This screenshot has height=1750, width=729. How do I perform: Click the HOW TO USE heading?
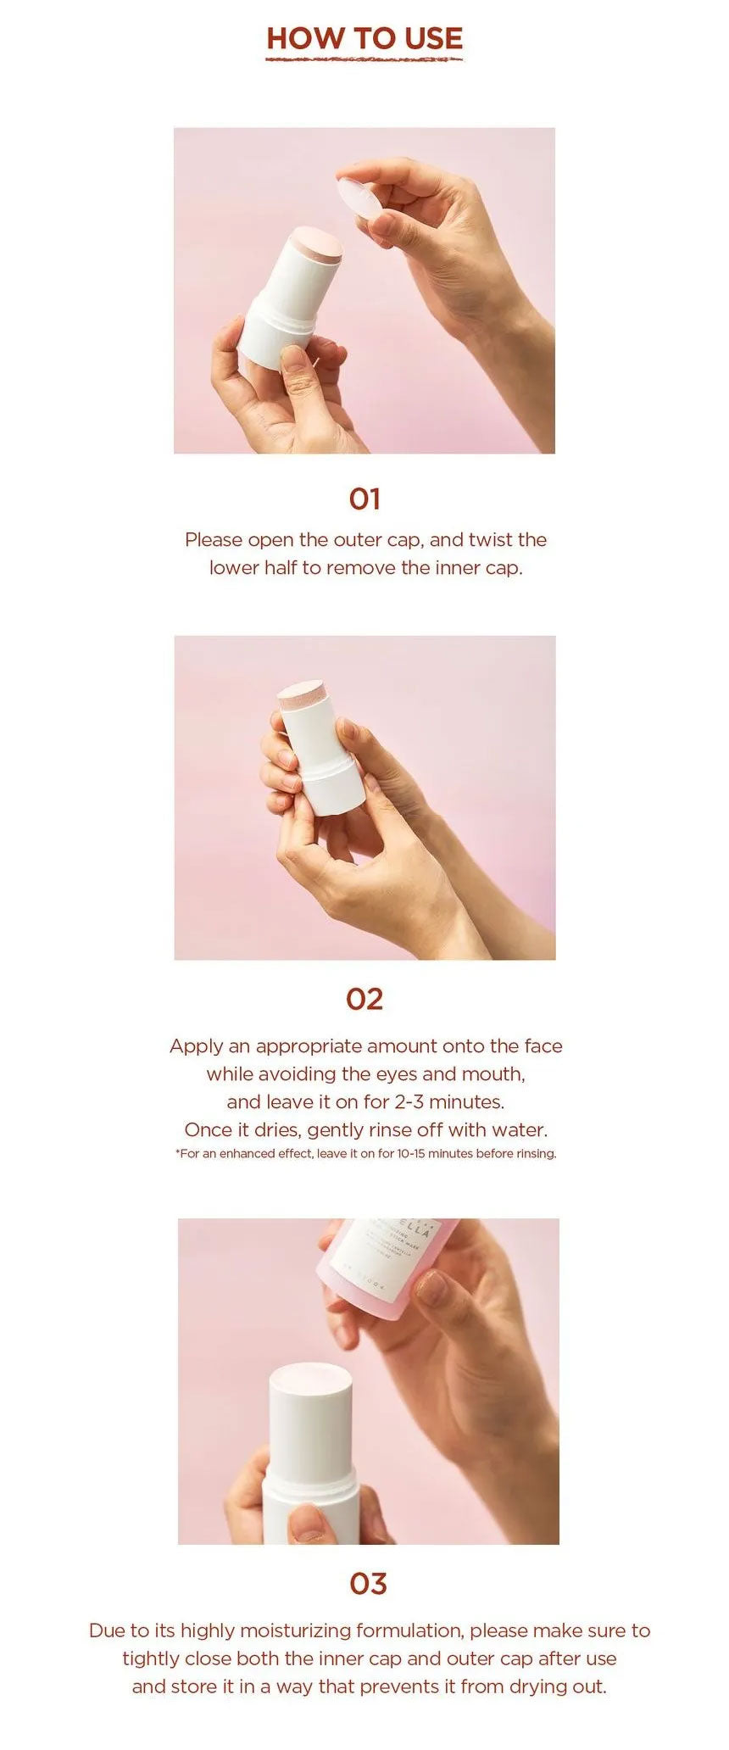click(x=364, y=38)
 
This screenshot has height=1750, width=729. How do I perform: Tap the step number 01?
click(x=364, y=499)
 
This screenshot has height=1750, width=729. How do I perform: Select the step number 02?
click(x=364, y=999)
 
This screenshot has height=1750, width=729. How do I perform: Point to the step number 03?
click(x=368, y=1583)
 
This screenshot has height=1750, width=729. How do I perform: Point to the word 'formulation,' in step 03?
click(x=410, y=1630)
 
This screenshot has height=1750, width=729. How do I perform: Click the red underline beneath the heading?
click(x=364, y=60)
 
